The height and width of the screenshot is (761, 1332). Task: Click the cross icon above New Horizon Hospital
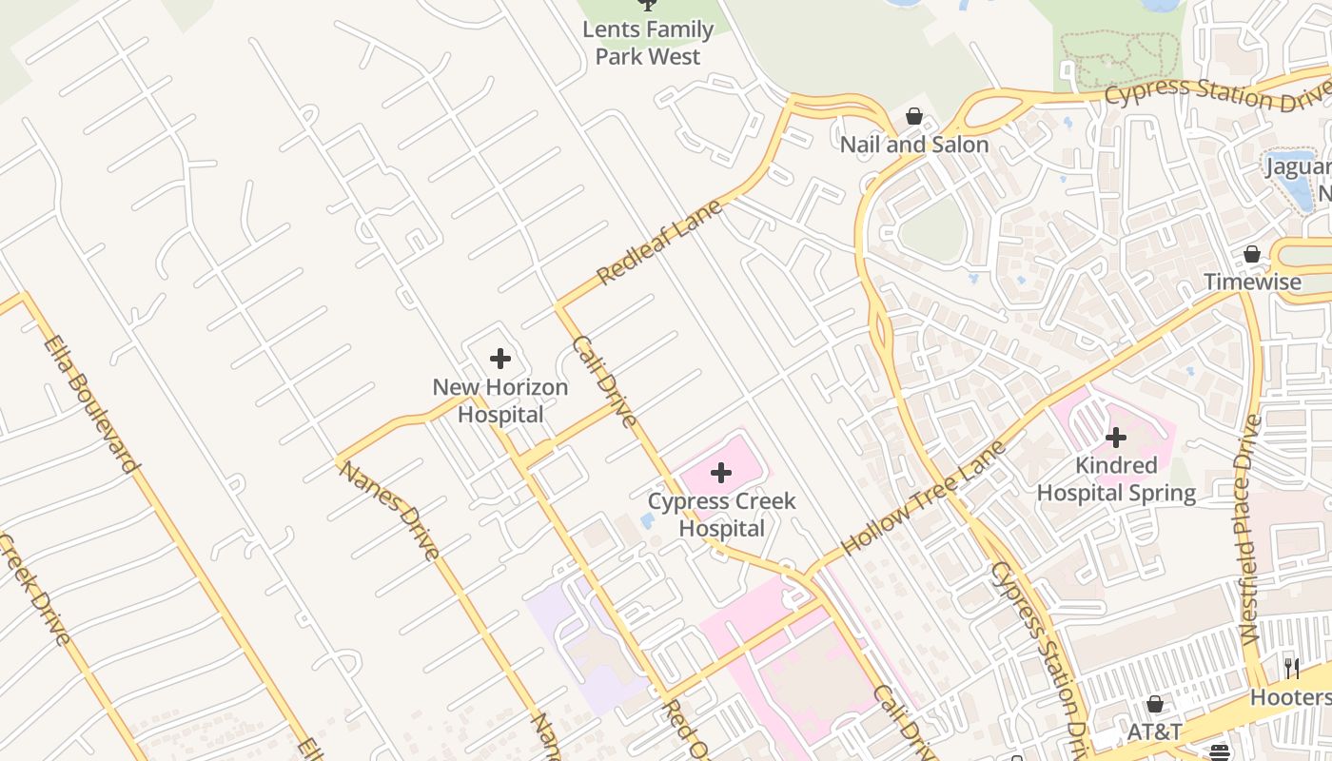[x=499, y=359]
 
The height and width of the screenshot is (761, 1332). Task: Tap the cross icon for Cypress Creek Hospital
[x=721, y=472]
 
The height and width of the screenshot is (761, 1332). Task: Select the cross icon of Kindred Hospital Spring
[x=1116, y=438]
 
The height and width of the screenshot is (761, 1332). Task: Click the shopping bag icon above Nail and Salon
[x=914, y=116]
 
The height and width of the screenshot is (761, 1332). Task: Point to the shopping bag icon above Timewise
[x=1252, y=254]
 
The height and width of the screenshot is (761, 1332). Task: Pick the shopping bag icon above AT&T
[x=1155, y=704]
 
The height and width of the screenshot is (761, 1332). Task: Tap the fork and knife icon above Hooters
[x=1291, y=669]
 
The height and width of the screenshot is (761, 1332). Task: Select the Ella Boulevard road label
[x=91, y=403]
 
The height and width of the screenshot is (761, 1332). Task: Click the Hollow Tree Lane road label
[x=923, y=498]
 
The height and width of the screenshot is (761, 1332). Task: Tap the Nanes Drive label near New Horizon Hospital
[x=389, y=510]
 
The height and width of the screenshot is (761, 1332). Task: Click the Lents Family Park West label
[x=648, y=43]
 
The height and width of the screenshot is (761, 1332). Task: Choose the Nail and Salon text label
[x=914, y=145]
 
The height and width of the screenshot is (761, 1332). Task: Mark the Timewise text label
[x=1252, y=282]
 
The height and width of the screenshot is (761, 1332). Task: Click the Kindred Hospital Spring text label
[x=1116, y=479]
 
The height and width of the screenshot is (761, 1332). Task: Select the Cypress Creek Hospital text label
[x=721, y=515]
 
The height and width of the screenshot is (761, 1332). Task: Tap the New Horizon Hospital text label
[x=499, y=400]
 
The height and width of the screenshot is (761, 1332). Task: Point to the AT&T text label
[x=1154, y=732]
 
